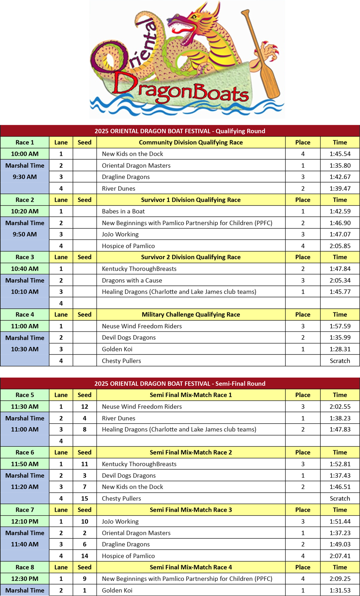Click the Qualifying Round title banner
tap(180, 131)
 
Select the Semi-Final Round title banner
tap(180, 384)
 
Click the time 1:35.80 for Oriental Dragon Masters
tap(340, 166)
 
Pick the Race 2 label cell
tap(24, 200)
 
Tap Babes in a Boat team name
tap(123, 211)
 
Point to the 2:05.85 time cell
tap(340, 246)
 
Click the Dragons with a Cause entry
tap(132, 280)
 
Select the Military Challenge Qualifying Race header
tap(191, 315)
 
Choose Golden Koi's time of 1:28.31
tap(340, 349)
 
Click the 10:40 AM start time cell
tap(24, 269)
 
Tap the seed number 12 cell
tap(85, 407)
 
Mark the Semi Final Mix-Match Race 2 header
tap(191, 452)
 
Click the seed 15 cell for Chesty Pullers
tap(85, 498)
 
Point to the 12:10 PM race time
tap(24, 521)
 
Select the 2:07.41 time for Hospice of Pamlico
tap(340, 556)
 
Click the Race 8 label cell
tap(24, 567)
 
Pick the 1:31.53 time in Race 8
tap(340, 590)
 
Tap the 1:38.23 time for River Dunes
tap(340, 418)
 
